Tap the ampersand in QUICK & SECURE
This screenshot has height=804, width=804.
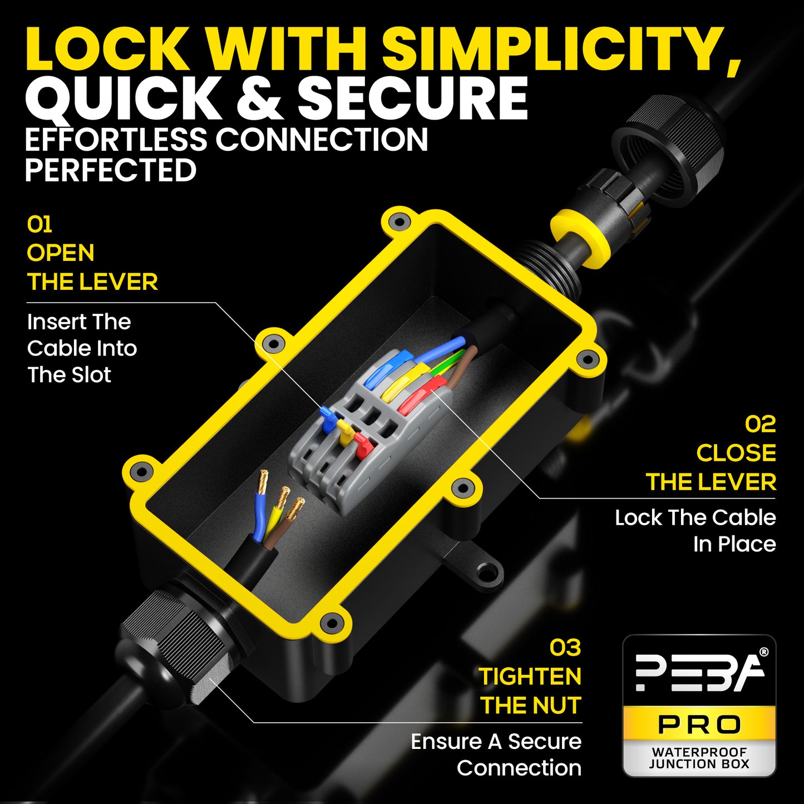(x=259, y=100)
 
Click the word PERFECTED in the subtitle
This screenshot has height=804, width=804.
(x=111, y=170)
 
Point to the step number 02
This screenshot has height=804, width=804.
(x=760, y=424)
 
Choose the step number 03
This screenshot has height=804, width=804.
(x=565, y=648)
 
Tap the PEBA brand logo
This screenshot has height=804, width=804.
(x=699, y=672)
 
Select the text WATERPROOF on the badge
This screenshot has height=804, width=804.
(x=699, y=752)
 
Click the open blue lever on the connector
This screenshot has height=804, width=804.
(x=329, y=420)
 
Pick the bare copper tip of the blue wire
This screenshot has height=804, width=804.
(x=263, y=482)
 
